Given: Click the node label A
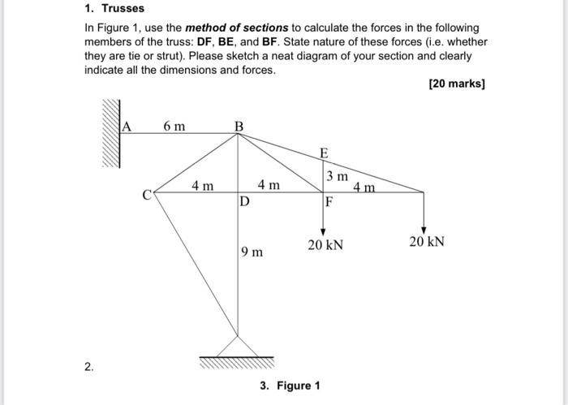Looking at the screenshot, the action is tap(127, 126).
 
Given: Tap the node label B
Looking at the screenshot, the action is tap(239, 126).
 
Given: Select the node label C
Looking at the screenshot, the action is tap(147, 196).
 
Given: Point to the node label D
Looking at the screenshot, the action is tap(244, 201).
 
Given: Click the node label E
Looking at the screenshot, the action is tap(324, 153).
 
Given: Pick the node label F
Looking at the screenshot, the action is tap(329, 201).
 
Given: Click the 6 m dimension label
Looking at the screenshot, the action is tap(174, 126).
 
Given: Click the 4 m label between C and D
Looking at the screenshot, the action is tap(203, 186).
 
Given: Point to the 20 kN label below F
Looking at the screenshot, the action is tap(325, 243).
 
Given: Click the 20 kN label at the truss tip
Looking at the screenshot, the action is tap(427, 242).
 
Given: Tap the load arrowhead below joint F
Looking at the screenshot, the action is tap(324, 232).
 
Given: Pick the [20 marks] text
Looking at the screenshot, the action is tap(457, 84).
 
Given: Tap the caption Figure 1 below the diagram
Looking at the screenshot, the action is tap(299, 385).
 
